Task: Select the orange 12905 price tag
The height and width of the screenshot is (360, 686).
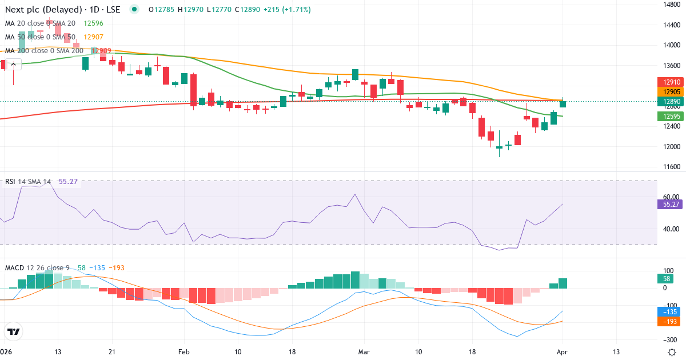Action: [x=667, y=92]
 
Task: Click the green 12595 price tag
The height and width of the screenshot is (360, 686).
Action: [x=667, y=117]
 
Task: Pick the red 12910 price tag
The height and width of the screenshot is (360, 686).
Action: [x=667, y=82]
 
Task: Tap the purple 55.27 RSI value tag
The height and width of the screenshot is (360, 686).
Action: [x=667, y=204]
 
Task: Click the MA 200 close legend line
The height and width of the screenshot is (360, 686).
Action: [x=43, y=51]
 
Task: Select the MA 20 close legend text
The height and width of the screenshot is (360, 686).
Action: [x=40, y=23]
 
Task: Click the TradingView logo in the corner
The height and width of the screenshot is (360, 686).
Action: [x=13, y=331]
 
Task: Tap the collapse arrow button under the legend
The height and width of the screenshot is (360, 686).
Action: [x=13, y=65]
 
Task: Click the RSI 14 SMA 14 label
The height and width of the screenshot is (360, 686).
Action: [x=27, y=182]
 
